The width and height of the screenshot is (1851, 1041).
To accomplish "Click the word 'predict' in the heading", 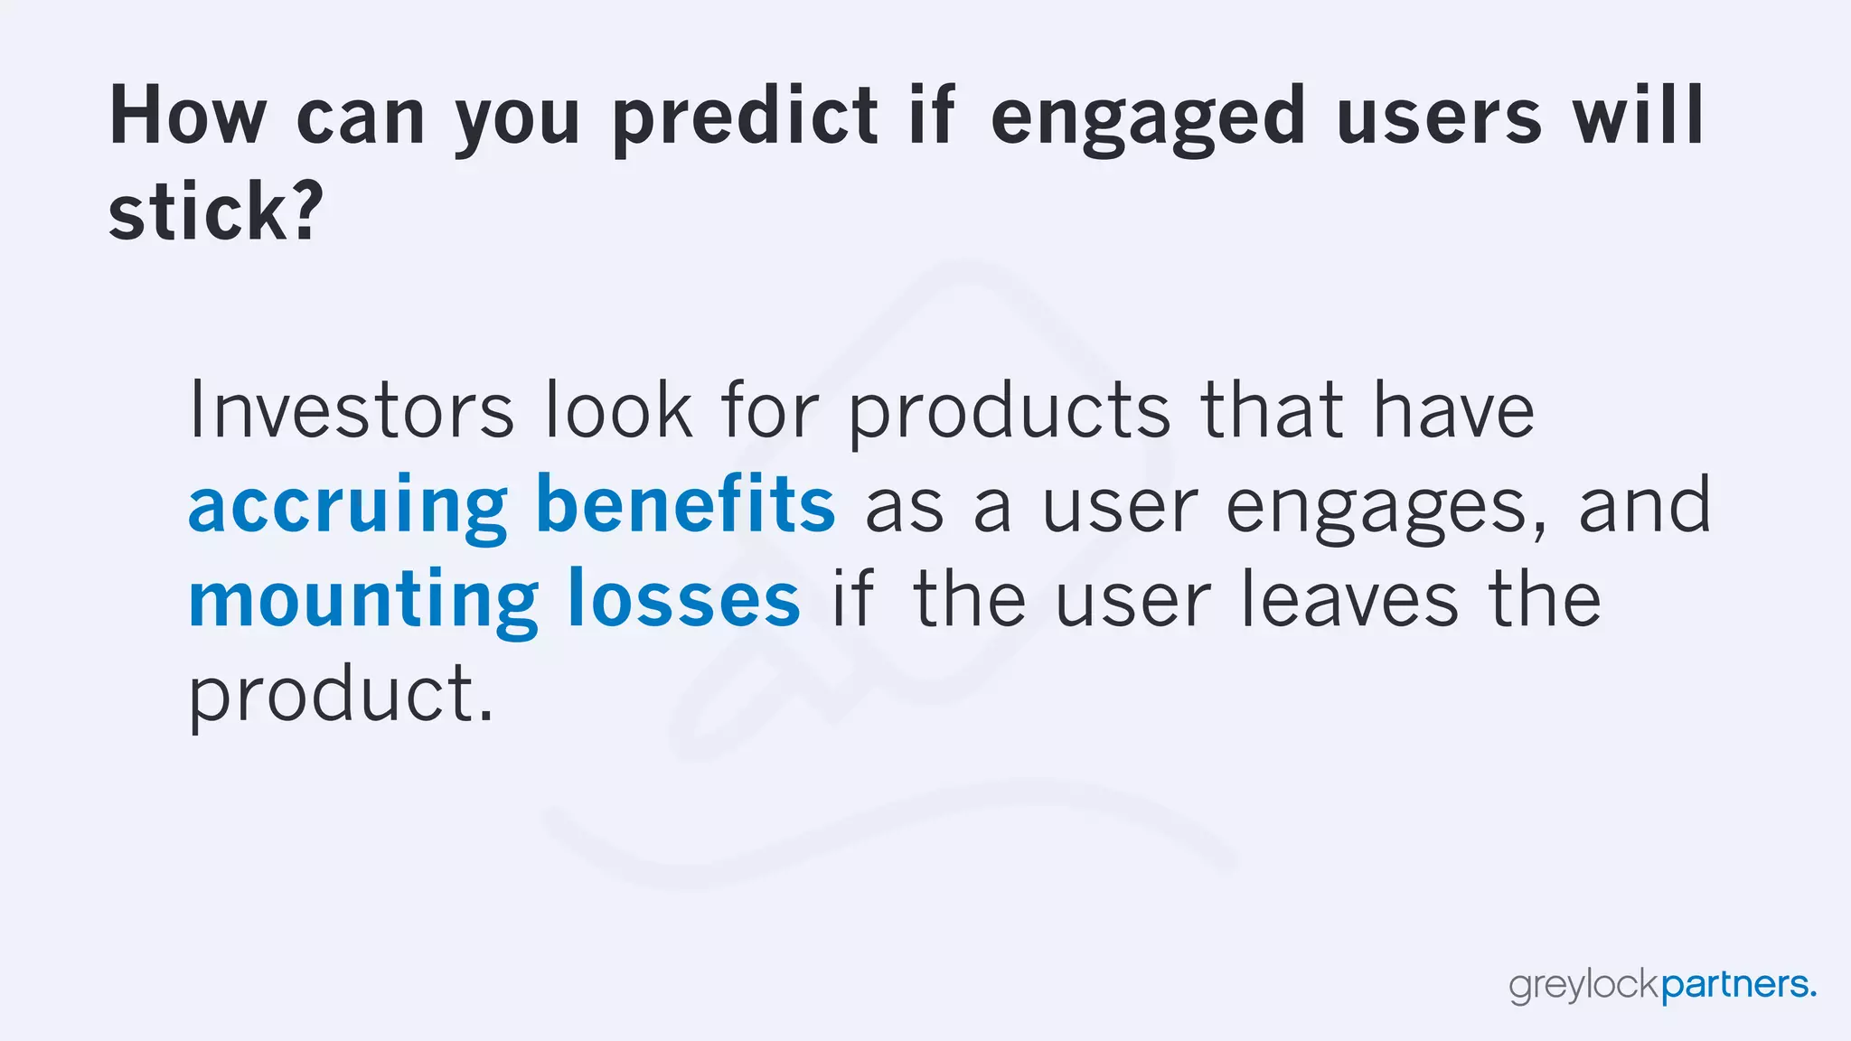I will [x=745, y=117].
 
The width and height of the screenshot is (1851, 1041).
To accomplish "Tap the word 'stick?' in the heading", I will [x=215, y=211].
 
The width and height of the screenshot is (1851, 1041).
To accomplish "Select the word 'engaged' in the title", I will [x=1148, y=117].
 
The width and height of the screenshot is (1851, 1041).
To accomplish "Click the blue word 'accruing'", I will [x=347, y=506].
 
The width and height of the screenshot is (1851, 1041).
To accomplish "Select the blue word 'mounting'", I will [x=363, y=601].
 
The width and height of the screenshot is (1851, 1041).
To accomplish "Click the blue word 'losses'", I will [x=683, y=599].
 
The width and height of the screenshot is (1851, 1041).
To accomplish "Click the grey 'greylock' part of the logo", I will [x=1584, y=986].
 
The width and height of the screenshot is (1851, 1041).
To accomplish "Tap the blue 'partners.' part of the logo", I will [x=1738, y=986].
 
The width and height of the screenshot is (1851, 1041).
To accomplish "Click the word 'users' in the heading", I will [x=1438, y=117].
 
